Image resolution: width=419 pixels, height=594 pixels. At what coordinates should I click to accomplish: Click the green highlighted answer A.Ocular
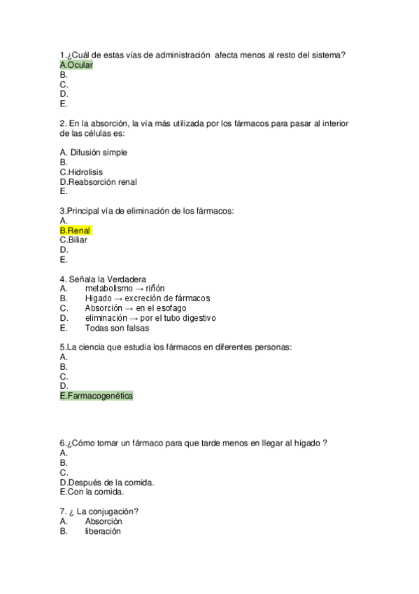coord(76,65)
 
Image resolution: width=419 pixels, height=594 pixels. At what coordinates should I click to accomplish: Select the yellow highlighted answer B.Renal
coord(76,230)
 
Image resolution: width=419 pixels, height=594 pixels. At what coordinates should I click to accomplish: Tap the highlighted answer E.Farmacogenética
coord(97,396)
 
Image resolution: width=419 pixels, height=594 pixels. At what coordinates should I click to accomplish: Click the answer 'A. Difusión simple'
coord(94,152)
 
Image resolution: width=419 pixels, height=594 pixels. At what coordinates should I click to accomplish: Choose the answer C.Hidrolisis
coord(81,172)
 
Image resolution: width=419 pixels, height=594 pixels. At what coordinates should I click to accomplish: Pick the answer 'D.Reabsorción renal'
coord(99,181)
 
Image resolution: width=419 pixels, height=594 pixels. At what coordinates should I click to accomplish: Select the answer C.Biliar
coord(73,240)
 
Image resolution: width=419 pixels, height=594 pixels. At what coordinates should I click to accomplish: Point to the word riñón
coord(156,289)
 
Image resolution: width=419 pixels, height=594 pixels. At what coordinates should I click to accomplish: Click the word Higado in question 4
coord(98,298)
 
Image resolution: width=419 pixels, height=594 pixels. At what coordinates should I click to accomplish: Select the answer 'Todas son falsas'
coord(117,328)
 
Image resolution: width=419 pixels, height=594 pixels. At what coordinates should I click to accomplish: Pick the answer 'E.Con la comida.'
coord(92,492)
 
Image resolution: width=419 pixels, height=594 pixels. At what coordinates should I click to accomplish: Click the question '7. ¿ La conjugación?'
coord(99,511)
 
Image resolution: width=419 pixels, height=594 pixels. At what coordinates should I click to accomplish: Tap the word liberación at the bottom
coord(103,531)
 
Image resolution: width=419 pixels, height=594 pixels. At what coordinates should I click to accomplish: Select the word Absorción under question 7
coord(104,521)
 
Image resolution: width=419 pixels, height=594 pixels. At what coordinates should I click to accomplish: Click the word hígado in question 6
coord(306,443)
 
